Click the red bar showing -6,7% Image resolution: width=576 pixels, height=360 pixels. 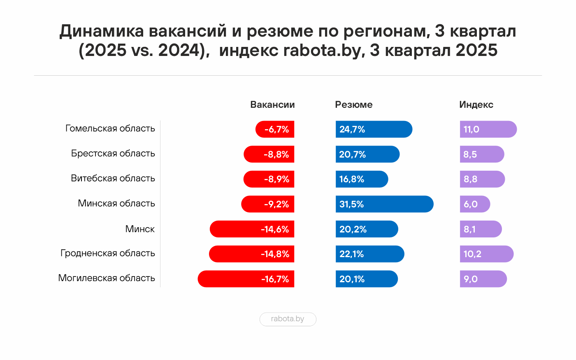point(275,129)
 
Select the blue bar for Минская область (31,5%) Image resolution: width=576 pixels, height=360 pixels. point(384,204)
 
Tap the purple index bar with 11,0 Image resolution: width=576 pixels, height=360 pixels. point(488,129)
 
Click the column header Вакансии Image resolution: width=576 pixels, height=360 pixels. point(272,105)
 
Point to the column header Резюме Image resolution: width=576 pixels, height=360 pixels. point(353,105)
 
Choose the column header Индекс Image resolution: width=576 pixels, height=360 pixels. point(476,105)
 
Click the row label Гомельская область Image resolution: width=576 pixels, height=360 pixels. point(110,128)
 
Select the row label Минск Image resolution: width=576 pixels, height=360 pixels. point(140,229)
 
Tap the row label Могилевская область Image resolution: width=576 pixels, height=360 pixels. point(107,278)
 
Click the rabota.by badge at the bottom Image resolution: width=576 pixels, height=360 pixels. point(288,319)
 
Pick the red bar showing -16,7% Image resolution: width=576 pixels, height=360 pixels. point(246,279)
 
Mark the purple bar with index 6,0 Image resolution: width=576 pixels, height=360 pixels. point(475,204)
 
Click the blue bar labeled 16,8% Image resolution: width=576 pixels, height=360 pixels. point(362,179)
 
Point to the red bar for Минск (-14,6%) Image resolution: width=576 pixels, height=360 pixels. point(252,229)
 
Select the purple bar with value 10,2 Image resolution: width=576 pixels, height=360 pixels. point(486,254)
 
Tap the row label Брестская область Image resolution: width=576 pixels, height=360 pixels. point(113,153)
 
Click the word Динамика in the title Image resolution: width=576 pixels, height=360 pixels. point(102,31)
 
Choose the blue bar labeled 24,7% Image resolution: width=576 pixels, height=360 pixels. point(374,129)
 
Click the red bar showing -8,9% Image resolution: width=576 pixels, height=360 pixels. point(269,179)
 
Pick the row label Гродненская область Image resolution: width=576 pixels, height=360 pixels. point(108,253)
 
